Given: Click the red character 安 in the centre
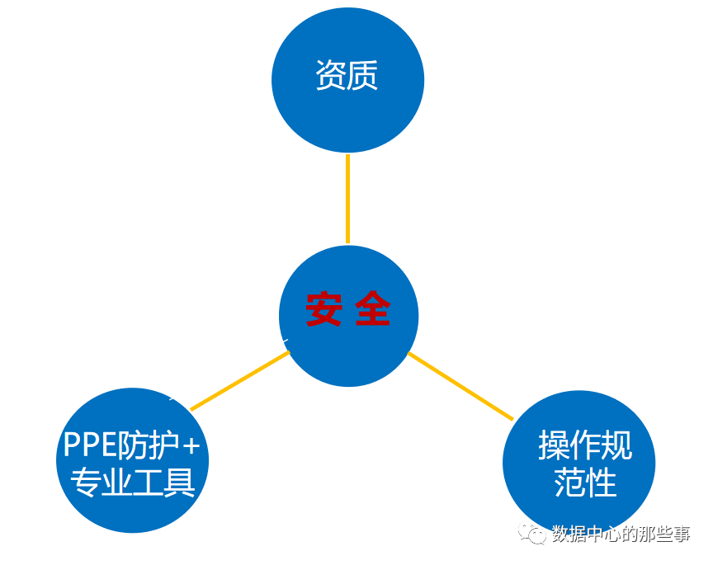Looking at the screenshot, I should (x=323, y=310).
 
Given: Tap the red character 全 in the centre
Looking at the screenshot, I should (x=372, y=310).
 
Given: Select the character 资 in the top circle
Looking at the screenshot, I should (x=331, y=76).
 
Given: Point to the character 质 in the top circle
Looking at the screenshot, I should (x=363, y=76).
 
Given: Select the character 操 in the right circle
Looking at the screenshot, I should (x=554, y=446).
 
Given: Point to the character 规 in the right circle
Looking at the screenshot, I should (x=616, y=446).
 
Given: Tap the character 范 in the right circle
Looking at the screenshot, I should (x=569, y=483).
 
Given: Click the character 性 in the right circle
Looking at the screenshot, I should (x=602, y=483).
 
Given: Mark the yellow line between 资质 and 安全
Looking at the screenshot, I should (x=347, y=198).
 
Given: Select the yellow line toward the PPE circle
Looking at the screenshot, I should (x=239, y=381).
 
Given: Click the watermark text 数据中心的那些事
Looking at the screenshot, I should (x=621, y=534).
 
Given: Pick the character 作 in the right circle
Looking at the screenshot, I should (x=585, y=446).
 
